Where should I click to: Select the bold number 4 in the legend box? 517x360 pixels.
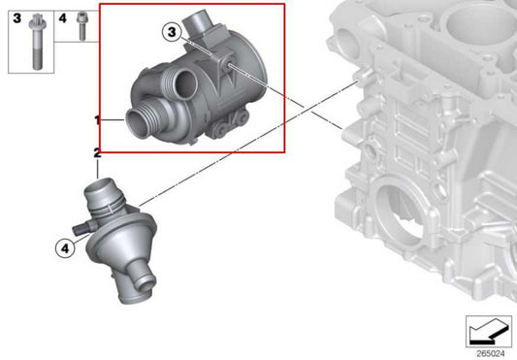[x=60, y=16]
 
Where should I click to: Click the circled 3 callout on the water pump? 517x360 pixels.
[x=173, y=32]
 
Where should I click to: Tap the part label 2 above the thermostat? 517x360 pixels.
[x=96, y=152]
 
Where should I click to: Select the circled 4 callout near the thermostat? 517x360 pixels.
[x=64, y=248]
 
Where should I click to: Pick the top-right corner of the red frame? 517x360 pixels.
[x=284, y=4]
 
